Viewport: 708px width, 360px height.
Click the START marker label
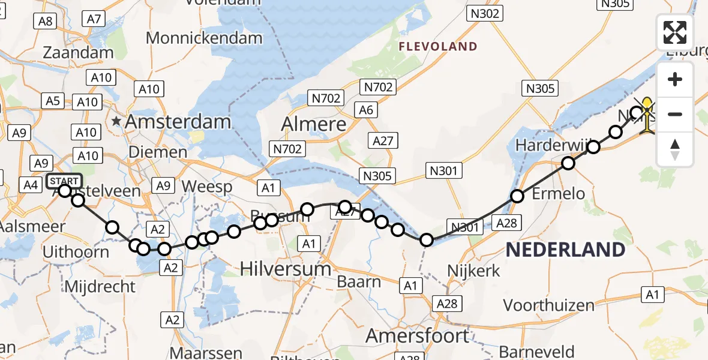63,181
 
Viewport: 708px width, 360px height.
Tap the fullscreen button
675,32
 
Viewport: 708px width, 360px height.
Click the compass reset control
675,149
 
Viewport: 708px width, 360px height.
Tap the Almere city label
314,124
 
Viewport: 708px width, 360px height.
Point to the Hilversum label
286,268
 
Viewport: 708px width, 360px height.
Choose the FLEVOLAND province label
438,46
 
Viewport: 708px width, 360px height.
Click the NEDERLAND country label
565,250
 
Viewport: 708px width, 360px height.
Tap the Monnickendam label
204,38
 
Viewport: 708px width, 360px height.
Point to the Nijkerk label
474,271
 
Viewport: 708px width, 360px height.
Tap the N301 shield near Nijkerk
464,227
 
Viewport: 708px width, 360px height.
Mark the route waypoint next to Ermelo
517,196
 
